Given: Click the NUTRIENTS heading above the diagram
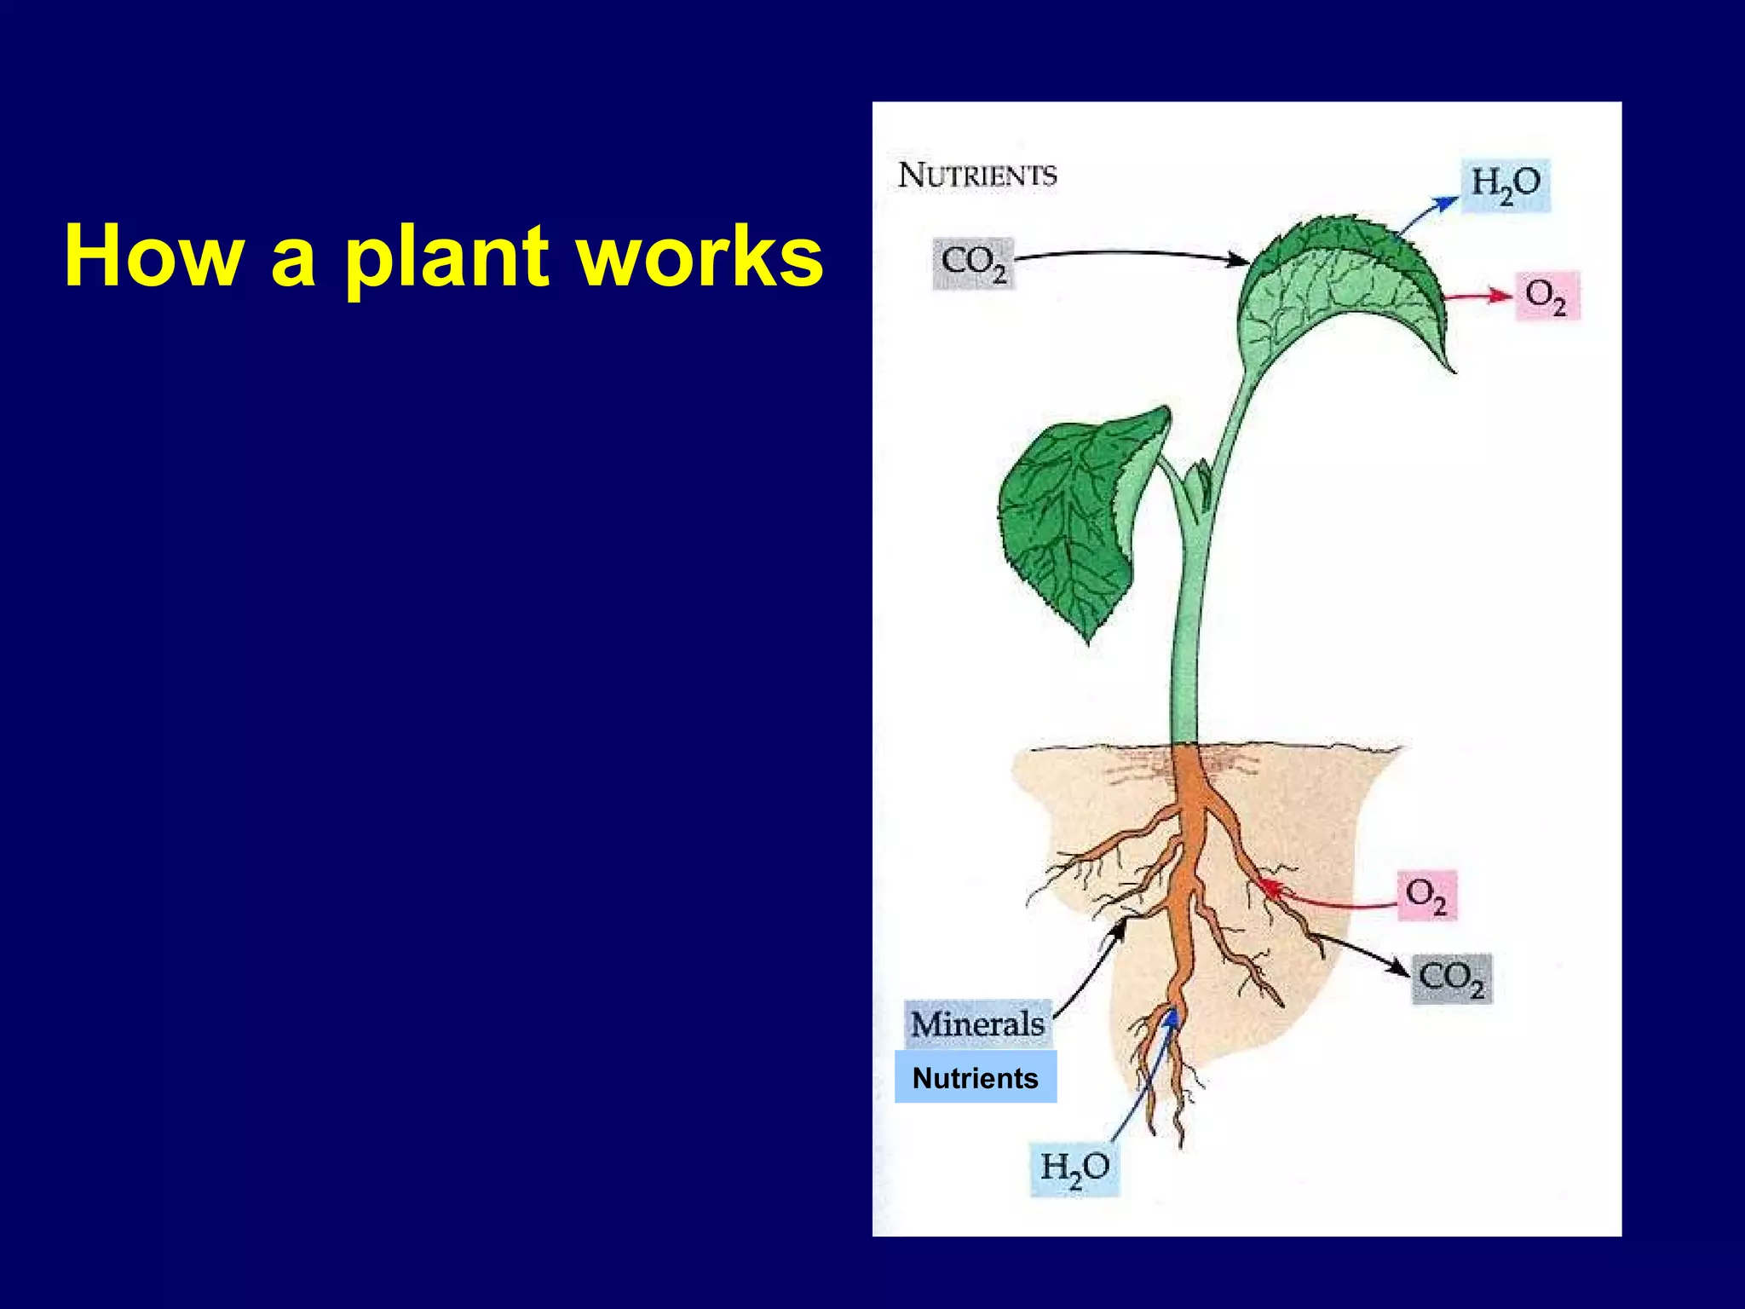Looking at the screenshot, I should point(977,176).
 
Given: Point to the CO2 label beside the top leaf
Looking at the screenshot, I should point(974,264).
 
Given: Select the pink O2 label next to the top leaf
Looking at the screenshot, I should point(1546,296).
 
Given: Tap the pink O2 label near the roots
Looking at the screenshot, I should point(1426,896).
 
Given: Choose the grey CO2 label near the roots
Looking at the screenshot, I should point(1451,979).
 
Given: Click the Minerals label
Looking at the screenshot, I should point(977,1024).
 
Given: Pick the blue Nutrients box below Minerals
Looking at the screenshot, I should point(976,1078).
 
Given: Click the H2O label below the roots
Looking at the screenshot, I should point(1074,1168).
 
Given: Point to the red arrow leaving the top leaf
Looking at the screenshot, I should point(1478,297).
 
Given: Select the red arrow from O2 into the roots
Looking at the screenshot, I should point(1329,901).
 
